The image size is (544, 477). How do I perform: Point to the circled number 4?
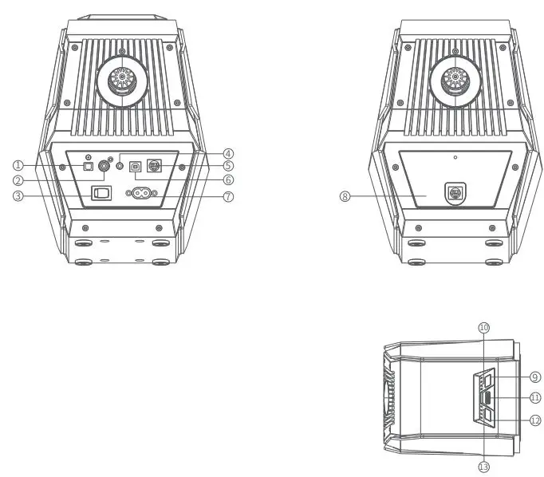click(228, 153)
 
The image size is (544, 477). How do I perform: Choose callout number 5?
click(228, 166)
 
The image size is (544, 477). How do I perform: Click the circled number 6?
click(228, 180)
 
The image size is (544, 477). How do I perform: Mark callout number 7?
click(228, 196)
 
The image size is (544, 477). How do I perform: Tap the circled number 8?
click(345, 196)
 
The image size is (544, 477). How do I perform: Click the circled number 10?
click(483, 327)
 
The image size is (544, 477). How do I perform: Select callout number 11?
click(535, 397)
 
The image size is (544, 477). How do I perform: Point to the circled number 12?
click(535, 420)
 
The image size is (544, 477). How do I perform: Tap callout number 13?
click(483, 467)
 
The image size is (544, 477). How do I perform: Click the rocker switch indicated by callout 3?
click(101, 192)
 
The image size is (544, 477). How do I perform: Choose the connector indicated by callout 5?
click(155, 167)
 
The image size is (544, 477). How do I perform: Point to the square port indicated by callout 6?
click(135, 168)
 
